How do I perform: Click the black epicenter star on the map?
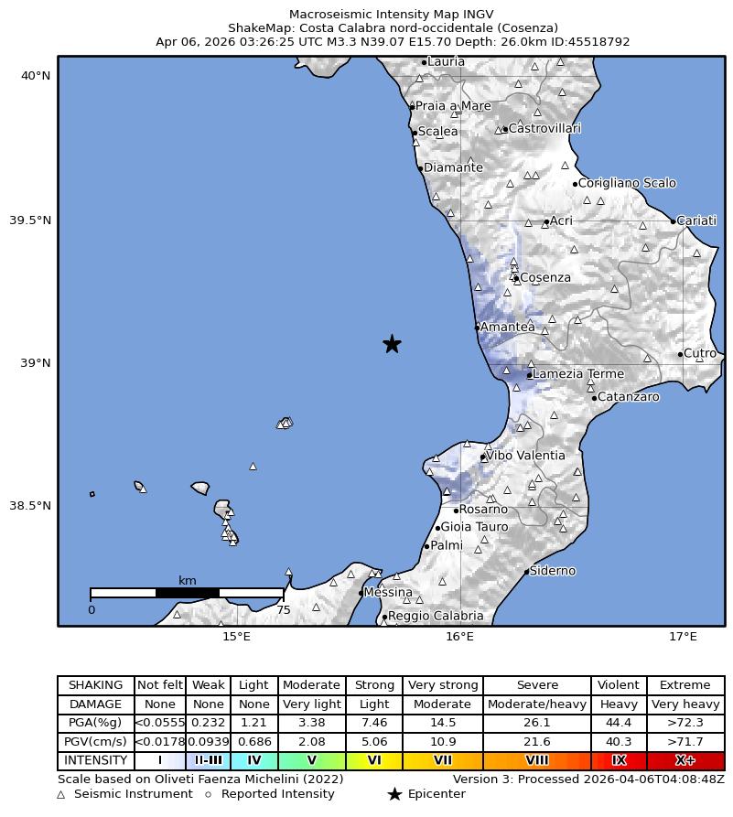tap(392, 343)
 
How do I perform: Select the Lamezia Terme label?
tap(578, 373)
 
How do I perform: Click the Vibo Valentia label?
tap(525, 456)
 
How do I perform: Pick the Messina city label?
tap(388, 593)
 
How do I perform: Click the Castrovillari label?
tap(544, 128)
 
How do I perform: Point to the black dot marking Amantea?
tap(477, 327)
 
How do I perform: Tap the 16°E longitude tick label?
tap(459, 637)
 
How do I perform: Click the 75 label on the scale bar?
tap(284, 610)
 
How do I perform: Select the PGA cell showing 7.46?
tap(374, 723)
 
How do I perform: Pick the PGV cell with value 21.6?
tap(536, 742)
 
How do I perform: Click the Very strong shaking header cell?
tap(443, 685)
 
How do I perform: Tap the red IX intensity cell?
tap(619, 760)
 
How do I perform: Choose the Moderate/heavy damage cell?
tap(536, 704)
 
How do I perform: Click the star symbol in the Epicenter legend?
tap(394, 794)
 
